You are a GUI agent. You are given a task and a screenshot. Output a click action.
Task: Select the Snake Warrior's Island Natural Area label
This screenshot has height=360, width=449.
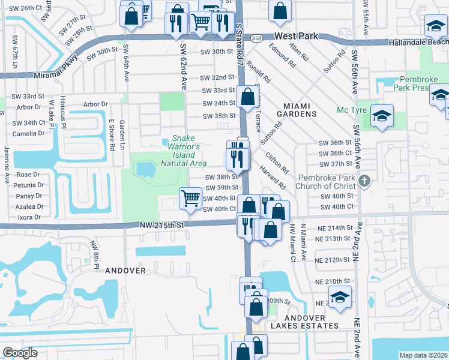click(184, 151)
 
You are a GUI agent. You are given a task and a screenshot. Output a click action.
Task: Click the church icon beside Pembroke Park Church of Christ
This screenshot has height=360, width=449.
click(363, 181)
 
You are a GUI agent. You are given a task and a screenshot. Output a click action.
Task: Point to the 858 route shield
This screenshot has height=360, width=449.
click(256, 37)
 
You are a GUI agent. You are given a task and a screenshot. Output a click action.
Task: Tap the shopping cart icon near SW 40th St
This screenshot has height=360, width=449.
click(191, 197)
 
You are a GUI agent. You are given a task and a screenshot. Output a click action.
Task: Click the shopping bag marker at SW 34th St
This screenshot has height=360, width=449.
click(247, 96)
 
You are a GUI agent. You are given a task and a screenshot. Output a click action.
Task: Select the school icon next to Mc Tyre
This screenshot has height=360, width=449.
click(381, 116)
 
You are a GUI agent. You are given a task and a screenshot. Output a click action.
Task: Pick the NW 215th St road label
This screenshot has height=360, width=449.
click(161, 224)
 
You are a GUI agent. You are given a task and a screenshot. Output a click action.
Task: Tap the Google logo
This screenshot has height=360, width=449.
click(20, 353)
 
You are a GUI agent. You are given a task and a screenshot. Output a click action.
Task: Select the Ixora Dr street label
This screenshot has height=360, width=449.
click(29, 217)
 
